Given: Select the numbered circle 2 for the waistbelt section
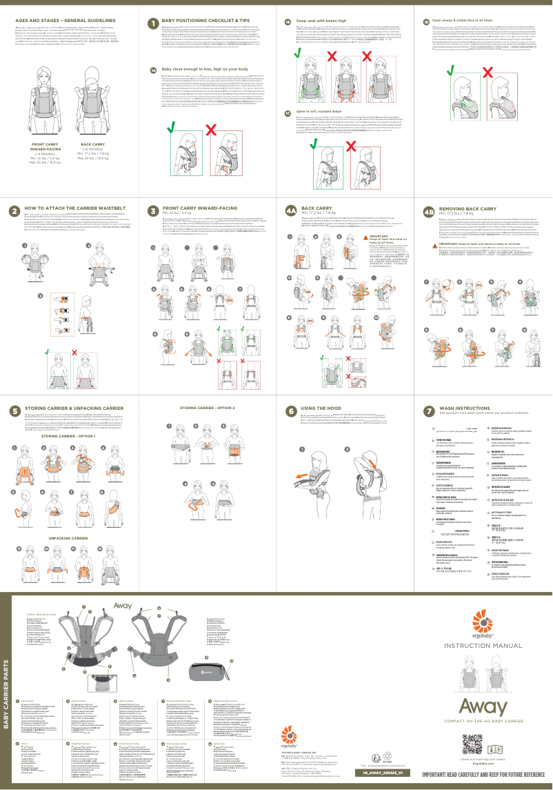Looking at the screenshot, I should tap(14, 210).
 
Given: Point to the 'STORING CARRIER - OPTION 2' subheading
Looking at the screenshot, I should tap(208, 408).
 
